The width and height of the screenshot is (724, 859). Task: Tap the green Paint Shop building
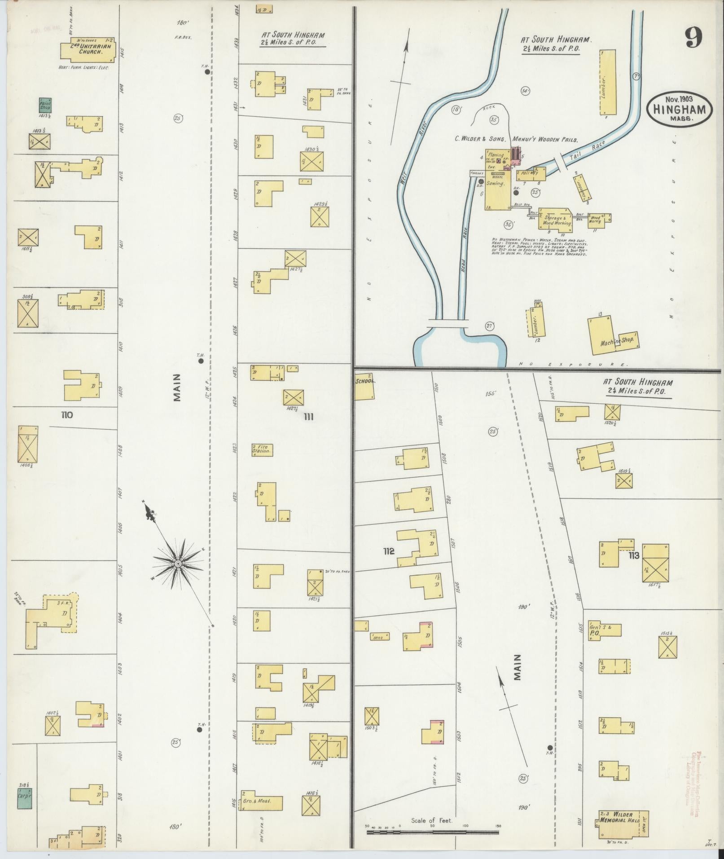coord(45,105)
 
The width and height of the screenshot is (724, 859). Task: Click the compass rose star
coord(178,563)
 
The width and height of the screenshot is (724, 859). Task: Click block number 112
coord(389,551)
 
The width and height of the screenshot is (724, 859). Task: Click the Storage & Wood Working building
coord(556,219)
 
